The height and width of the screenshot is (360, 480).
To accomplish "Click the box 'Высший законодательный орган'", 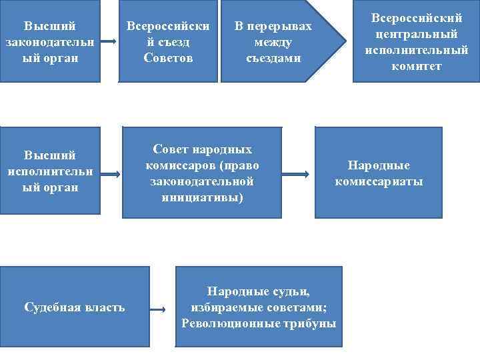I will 50,41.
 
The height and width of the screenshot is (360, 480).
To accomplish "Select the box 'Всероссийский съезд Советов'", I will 168,41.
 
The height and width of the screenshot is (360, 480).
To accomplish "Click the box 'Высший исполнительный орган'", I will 50,171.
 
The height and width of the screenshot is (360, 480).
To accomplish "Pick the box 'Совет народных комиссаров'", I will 202,172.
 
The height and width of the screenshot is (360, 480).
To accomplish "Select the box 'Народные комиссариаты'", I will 378,173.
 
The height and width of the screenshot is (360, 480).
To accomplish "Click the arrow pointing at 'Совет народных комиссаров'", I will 111,174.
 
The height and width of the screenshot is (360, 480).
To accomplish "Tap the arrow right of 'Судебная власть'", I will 158,310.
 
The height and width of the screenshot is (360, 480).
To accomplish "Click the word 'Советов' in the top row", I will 168,57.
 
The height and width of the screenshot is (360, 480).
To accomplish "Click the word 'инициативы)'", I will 202,197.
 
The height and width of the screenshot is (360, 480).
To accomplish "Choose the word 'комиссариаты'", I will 378,181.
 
